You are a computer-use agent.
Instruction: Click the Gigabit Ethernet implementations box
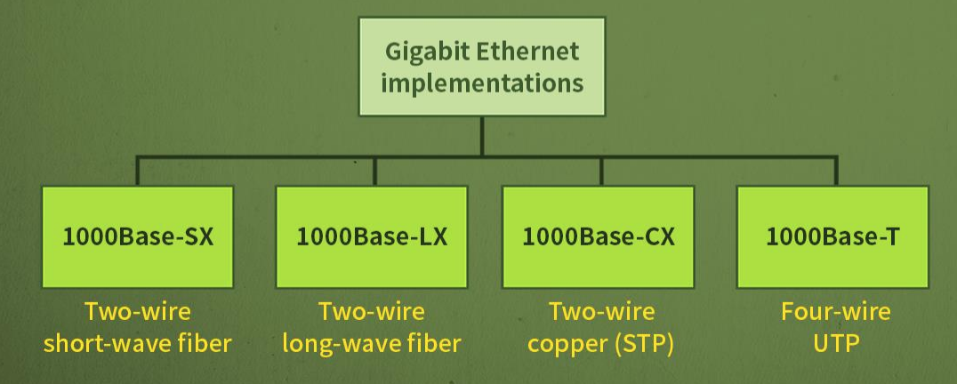[x=481, y=67]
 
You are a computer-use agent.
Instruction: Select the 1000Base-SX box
[x=138, y=236]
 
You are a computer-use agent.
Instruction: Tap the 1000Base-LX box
[x=372, y=236]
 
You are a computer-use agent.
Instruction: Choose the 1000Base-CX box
[x=599, y=236]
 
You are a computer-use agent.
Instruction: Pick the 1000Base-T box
[x=832, y=236]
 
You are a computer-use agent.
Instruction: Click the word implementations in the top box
[x=481, y=84]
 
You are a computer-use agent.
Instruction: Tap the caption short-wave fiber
[x=138, y=343]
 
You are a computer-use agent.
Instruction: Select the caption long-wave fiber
[x=372, y=343]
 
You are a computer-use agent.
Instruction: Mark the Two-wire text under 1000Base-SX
[x=138, y=312]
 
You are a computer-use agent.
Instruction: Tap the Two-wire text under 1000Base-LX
[x=372, y=312]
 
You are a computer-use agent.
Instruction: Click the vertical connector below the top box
[x=481, y=136]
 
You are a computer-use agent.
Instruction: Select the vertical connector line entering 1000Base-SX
[x=138, y=171]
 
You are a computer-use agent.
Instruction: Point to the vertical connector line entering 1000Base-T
[x=835, y=171]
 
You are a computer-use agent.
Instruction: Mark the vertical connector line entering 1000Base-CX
[x=601, y=171]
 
